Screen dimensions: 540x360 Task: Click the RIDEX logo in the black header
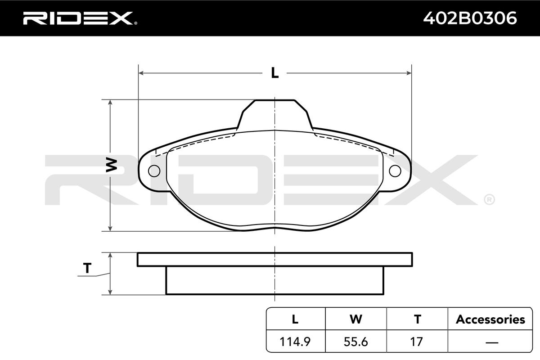tap(80, 18)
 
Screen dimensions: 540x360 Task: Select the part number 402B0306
tap(470, 18)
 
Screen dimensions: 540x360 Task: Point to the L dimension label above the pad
tap(274, 72)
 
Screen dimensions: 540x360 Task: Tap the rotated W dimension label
tap(112, 165)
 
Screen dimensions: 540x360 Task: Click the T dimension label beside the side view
tap(87, 268)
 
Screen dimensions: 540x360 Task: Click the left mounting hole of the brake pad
tap(154, 171)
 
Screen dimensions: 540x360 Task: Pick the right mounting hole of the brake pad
tap(395, 171)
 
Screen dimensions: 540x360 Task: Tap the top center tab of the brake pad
tap(275, 113)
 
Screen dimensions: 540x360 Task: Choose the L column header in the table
tap(295, 319)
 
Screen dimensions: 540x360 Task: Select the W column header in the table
tap(356, 319)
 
